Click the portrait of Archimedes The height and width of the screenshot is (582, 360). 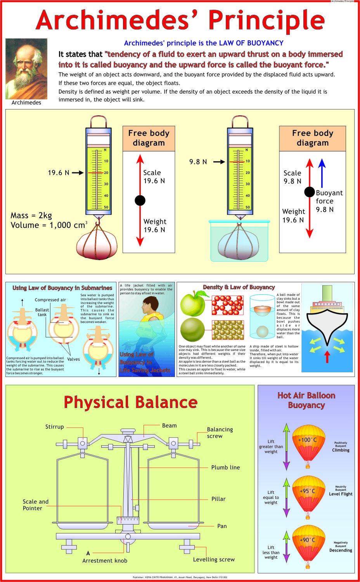click(x=26, y=69)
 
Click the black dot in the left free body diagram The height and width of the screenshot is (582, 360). click(x=140, y=200)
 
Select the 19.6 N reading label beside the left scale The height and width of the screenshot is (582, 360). click(x=59, y=173)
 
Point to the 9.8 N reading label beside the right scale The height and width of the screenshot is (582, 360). click(x=198, y=162)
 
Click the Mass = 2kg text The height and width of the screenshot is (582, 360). click(x=31, y=215)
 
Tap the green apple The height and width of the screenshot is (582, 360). click(x=193, y=304)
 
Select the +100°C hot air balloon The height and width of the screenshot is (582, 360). click(x=308, y=446)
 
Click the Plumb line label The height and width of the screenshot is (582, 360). click(x=225, y=467)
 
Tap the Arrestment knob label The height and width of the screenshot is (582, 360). click(x=105, y=561)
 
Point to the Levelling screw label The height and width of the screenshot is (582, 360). click(x=214, y=559)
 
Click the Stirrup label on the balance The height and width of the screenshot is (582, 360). click(x=54, y=427)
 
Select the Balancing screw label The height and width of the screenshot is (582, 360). click(x=220, y=433)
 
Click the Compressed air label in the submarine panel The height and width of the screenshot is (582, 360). click(x=50, y=300)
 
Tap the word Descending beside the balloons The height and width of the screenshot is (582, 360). click(x=341, y=550)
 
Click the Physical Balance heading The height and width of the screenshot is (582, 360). click(x=130, y=402)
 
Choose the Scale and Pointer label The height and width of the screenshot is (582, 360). click(x=35, y=505)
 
